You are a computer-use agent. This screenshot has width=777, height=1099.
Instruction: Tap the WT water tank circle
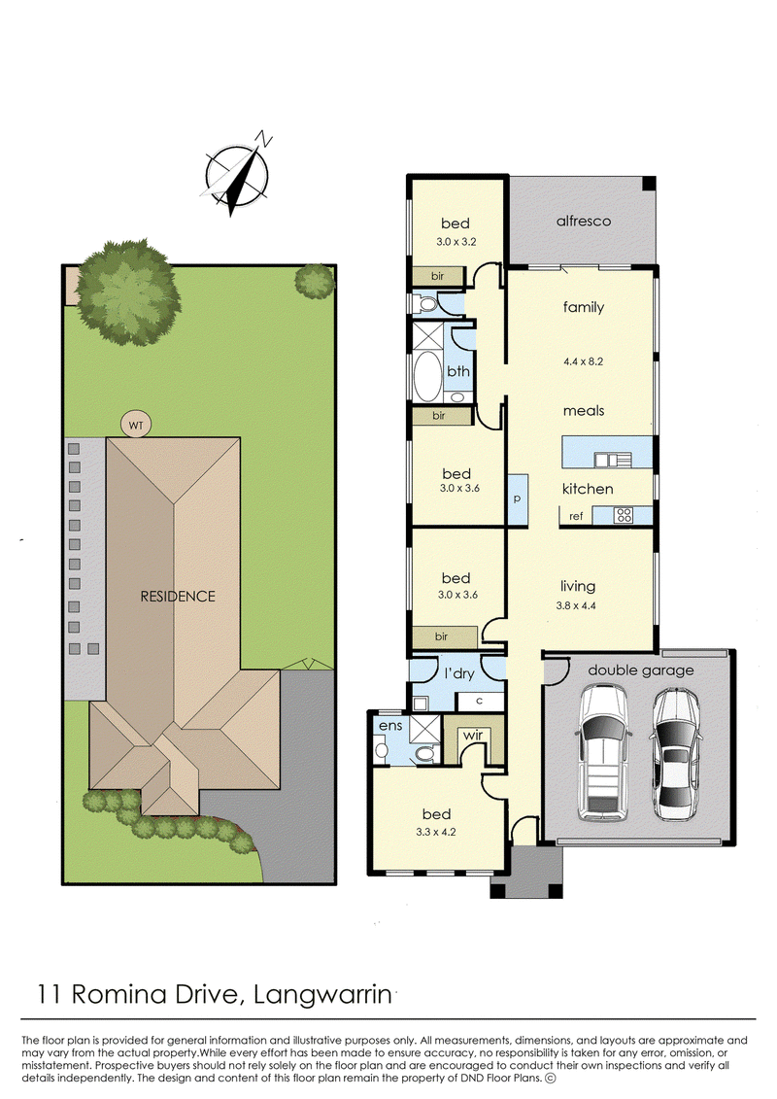click(x=136, y=425)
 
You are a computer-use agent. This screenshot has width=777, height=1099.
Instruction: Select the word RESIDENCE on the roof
click(x=178, y=597)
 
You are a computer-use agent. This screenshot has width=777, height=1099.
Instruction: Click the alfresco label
click(x=584, y=221)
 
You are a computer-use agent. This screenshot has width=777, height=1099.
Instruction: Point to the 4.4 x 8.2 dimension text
click(x=583, y=361)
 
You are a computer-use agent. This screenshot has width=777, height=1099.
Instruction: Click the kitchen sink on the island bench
click(x=613, y=460)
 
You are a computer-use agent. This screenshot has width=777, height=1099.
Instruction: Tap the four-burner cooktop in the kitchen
click(x=623, y=516)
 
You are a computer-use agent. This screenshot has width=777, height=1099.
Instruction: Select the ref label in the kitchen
click(x=576, y=517)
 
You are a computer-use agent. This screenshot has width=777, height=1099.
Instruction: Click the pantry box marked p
click(x=517, y=499)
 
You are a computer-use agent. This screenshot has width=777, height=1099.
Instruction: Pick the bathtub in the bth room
click(x=426, y=376)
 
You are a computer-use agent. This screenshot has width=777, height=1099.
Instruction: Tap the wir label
click(x=473, y=736)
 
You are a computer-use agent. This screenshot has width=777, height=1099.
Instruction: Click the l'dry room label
click(x=459, y=673)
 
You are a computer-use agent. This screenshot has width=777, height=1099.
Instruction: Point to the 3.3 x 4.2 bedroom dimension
click(x=436, y=833)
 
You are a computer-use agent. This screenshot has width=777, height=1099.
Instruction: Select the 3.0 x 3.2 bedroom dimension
click(x=456, y=242)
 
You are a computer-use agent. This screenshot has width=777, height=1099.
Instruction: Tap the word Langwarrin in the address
click(x=322, y=995)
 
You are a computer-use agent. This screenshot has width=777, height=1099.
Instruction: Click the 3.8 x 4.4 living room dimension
click(x=576, y=605)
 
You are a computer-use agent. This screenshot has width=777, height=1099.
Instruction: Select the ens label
click(x=390, y=726)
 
